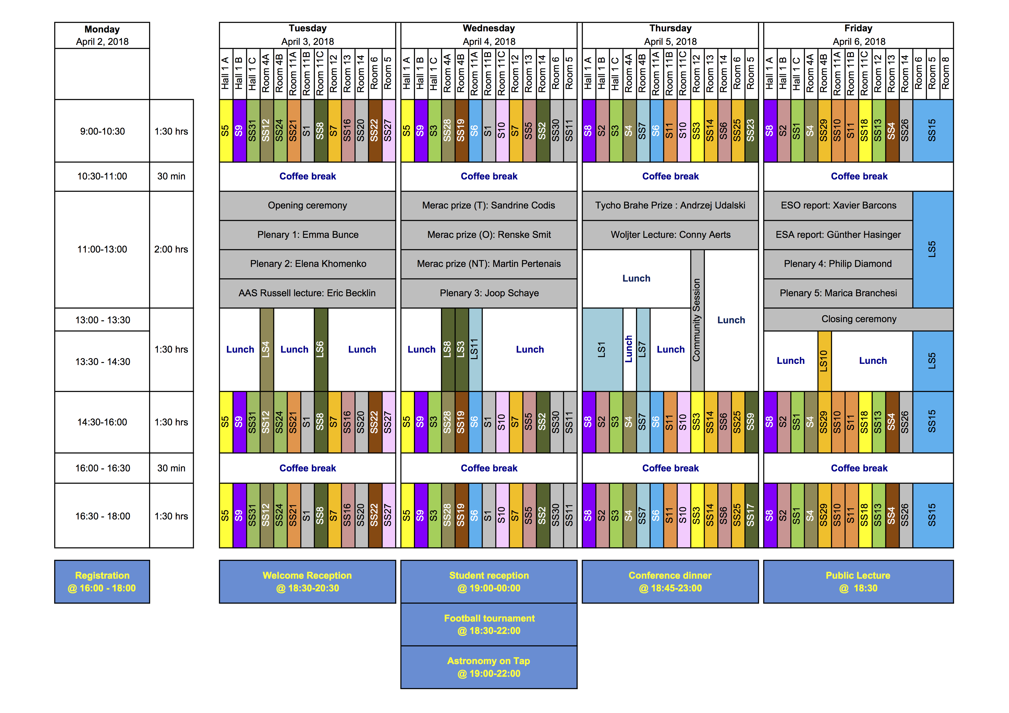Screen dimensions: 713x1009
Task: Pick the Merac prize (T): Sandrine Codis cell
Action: click(x=489, y=206)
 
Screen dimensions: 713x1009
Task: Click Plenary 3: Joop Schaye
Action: click(x=489, y=293)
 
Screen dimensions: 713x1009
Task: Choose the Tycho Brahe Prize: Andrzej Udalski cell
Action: click(x=670, y=206)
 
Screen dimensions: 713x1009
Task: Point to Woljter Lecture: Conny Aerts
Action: click(x=670, y=235)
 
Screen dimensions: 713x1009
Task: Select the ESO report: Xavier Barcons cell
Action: click(x=838, y=206)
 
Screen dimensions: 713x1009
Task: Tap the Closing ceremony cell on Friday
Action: click(x=858, y=319)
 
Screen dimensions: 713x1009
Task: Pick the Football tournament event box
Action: click(x=489, y=624)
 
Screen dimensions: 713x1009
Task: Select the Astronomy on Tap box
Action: click(x=489, y=667)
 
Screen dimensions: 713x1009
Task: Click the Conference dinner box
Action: click(x=670, y=581)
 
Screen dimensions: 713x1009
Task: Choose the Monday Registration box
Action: click(x=102, y=581)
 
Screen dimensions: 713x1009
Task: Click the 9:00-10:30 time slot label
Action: click(x=102, y=131)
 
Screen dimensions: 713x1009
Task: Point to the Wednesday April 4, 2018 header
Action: click(x=489, y=35)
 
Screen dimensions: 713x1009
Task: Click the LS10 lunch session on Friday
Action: click(x=824, y=361)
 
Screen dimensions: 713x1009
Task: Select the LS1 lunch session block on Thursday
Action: click(x=602, y=349)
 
